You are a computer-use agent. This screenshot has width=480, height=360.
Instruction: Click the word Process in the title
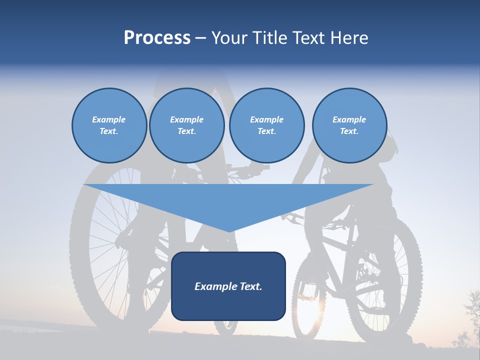[157, 38]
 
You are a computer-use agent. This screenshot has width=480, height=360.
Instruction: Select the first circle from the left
[109, 125]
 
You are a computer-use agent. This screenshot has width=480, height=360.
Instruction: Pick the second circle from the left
[187, 125]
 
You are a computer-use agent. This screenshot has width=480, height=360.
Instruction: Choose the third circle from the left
[266, 125]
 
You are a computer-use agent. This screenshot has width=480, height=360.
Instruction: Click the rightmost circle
[349, 125]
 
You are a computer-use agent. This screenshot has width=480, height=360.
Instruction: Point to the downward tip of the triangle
[228, 231]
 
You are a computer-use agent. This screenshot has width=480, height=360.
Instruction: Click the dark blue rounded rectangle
[228, 305]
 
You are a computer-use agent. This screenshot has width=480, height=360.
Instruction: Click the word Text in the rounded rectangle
[250, 286]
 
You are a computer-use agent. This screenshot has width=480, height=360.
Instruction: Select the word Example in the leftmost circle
[109, 119]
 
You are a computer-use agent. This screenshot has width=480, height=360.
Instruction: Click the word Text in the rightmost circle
[349, 131]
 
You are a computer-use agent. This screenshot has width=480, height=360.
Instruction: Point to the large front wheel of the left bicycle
[107, 250]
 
